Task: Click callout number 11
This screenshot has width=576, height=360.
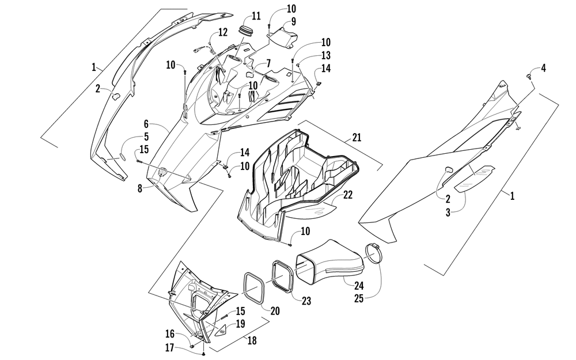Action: [256, 15]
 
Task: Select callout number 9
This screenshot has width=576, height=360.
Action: [293, 22]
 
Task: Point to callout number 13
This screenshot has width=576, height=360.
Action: [325, 55]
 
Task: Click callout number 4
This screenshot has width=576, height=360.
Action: [543, 69]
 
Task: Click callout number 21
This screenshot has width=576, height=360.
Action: [357, 138]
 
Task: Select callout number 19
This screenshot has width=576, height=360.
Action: [240, 323]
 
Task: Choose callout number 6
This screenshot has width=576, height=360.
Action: [146, 123]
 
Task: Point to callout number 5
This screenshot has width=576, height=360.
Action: [146, 137]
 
